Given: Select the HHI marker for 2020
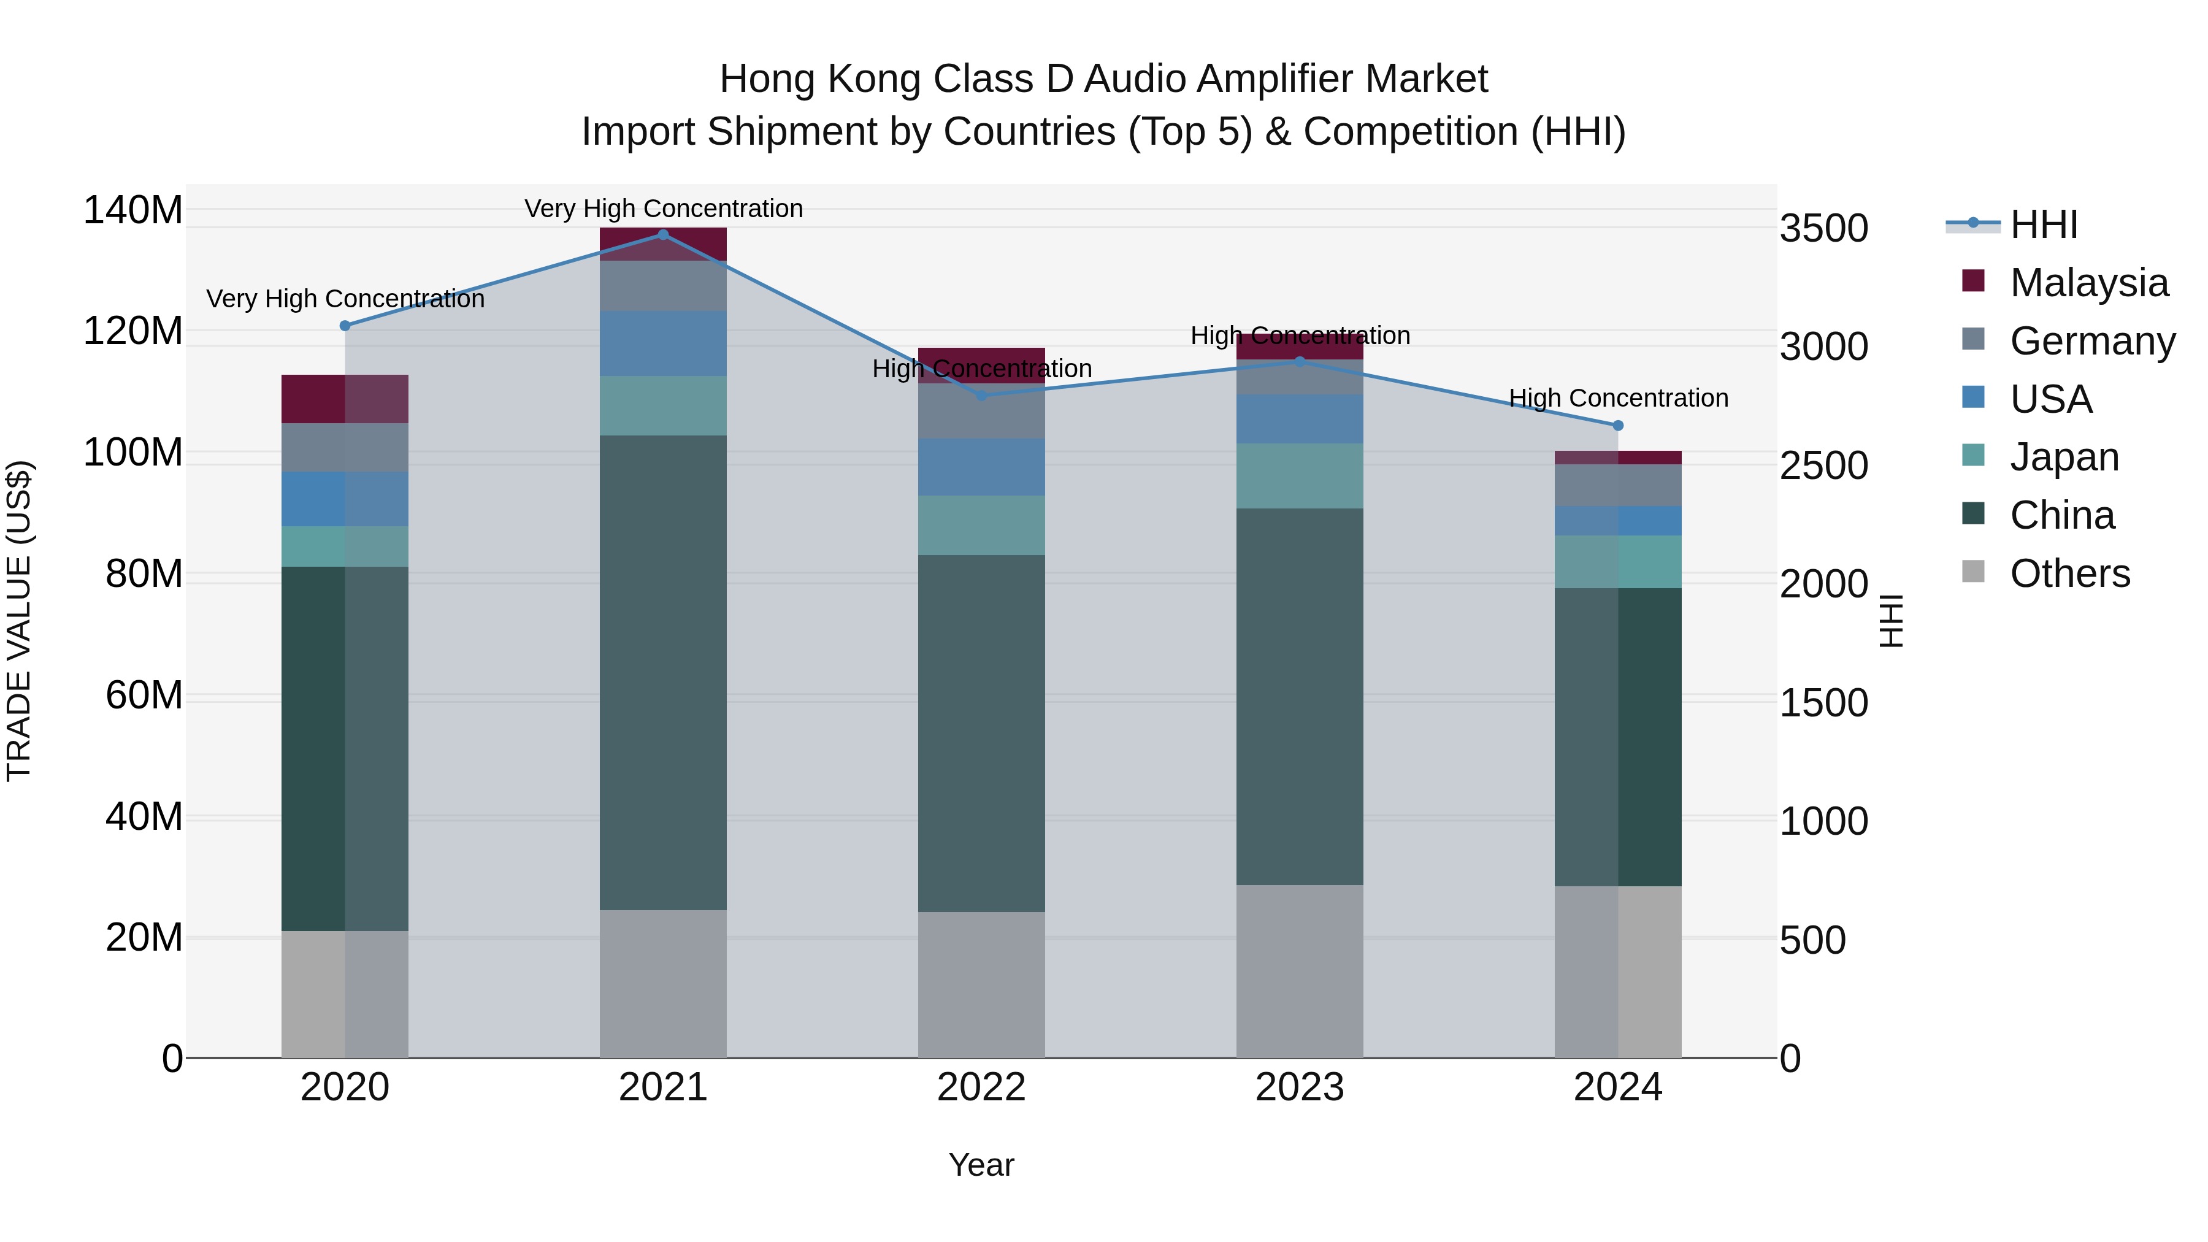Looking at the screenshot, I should click(345, 326).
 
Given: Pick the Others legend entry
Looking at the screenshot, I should click(2069, 573).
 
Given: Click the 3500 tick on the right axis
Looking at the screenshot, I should click(1823, 229).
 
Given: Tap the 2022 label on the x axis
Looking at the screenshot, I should click(981, 1087).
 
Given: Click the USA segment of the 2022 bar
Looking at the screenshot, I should click(981, 467).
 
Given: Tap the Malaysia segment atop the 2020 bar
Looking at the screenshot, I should click(345, 399).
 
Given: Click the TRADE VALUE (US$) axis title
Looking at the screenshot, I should click(19, 621).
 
